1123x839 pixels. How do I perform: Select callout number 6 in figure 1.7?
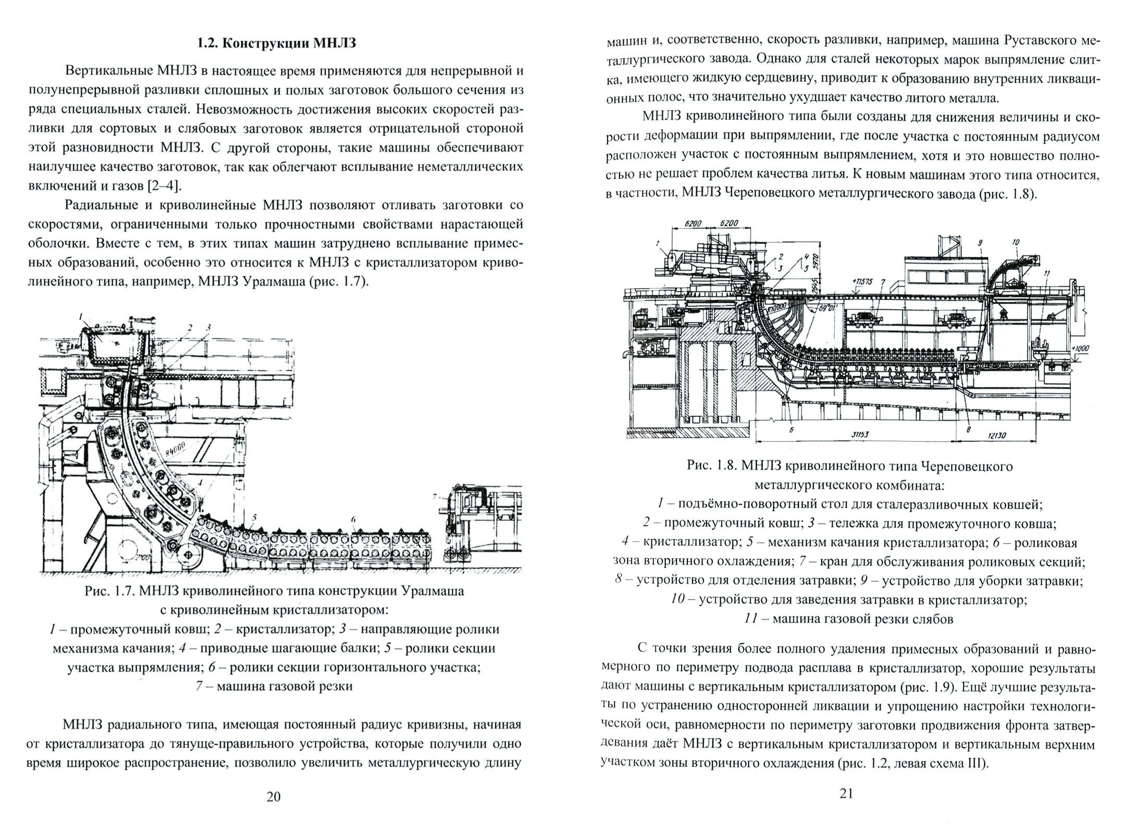tap(353, 520)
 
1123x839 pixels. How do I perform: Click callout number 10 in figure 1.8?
tap(1016, 242)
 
